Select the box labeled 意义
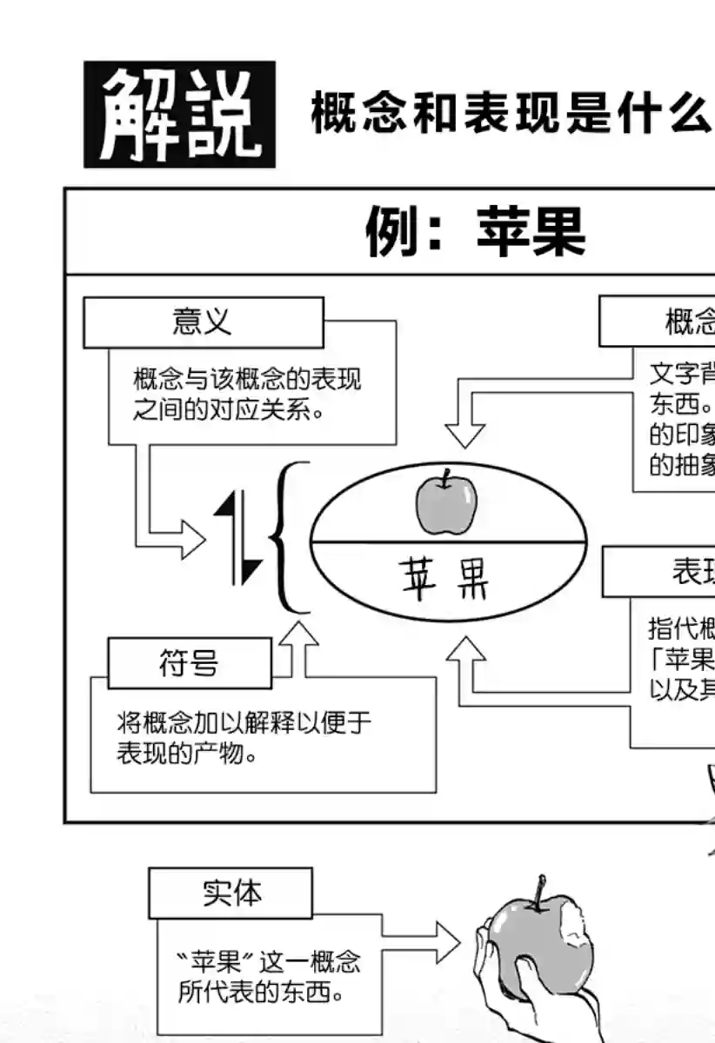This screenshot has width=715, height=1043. tap(203, 322)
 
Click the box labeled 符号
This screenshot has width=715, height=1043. tap(189, 664)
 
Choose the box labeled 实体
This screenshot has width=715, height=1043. tap(230, 893)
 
